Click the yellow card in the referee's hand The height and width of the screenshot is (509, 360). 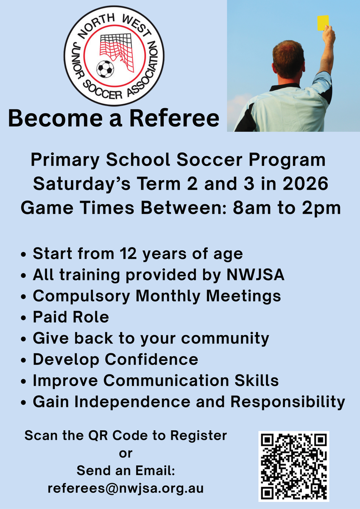pyautogui.click(x=323, y=23)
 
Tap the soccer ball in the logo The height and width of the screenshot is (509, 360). pyautogui.click(x=105, y=69)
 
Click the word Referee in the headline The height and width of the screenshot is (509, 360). pyautogui.click(x=174, y=118)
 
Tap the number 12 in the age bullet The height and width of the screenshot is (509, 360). pyautogui.click(x=128, y=253)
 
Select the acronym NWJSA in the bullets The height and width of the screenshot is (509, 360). pyautogui.click(x=255, y=274)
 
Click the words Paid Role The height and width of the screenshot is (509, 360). pyautogui.click(x=71, y=317)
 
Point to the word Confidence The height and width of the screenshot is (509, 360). pyautogui.click(x=151, y=359)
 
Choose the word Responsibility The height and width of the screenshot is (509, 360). pyautogui.click(x=287, y=403)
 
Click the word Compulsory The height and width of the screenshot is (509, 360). pyautogui.click(x=81, y=296)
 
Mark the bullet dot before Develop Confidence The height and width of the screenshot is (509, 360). pyautogui.click(x=23, y=361)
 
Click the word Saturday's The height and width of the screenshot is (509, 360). pyautogui.click(x=82, y=184)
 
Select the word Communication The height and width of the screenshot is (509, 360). pyautogui.click(x=166, y=380)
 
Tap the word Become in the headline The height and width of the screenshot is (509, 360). pyautogui.click(x=56, y=118)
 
